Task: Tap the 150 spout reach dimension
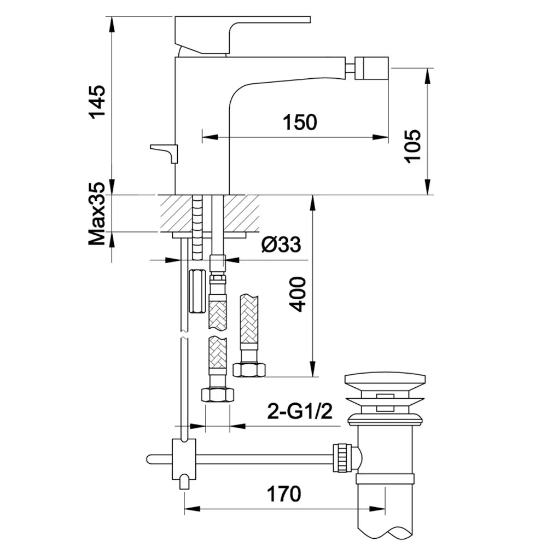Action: point(300,122)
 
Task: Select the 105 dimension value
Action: point(412,146)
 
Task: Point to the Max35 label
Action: point(97,213)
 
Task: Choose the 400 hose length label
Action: point(298,294)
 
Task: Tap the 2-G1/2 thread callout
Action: point(300,411)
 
